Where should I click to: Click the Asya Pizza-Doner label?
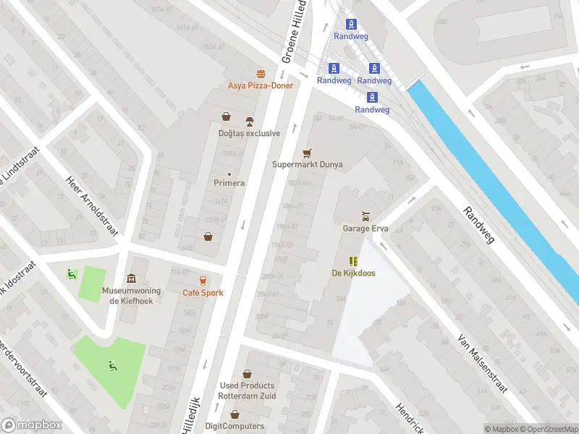point(261,85)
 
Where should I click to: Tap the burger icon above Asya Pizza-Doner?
point(261,74)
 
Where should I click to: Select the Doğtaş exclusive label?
point(249,133)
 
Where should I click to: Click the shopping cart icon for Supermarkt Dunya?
point(307,153)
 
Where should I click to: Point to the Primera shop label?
point(229,183)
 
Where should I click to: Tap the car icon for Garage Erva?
point(365,216)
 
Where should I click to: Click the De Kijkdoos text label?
point(352,273)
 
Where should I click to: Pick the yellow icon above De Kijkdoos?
point(352,261)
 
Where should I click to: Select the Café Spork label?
point(203,292)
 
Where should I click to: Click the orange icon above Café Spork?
point(203,281)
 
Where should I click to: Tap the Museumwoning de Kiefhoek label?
point(127,295)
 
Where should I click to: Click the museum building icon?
point(131,278)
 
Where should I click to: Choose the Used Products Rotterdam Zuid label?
point(248,391)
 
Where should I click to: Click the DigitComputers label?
point(234,426)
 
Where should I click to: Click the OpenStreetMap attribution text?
point(549,429)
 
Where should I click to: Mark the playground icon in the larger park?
point(111,366)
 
